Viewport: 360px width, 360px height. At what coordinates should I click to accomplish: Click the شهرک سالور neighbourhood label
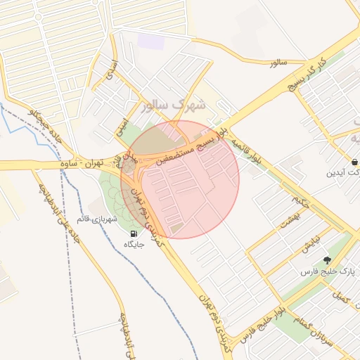tap(174, 105)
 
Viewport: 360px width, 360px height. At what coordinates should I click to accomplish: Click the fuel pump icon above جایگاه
tap(134, 233)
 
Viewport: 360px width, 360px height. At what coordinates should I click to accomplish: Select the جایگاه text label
tap(134, 244)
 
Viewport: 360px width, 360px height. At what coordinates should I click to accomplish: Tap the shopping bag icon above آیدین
tap(354, 160)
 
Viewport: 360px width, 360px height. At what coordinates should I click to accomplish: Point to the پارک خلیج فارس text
tap(325, 271)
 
